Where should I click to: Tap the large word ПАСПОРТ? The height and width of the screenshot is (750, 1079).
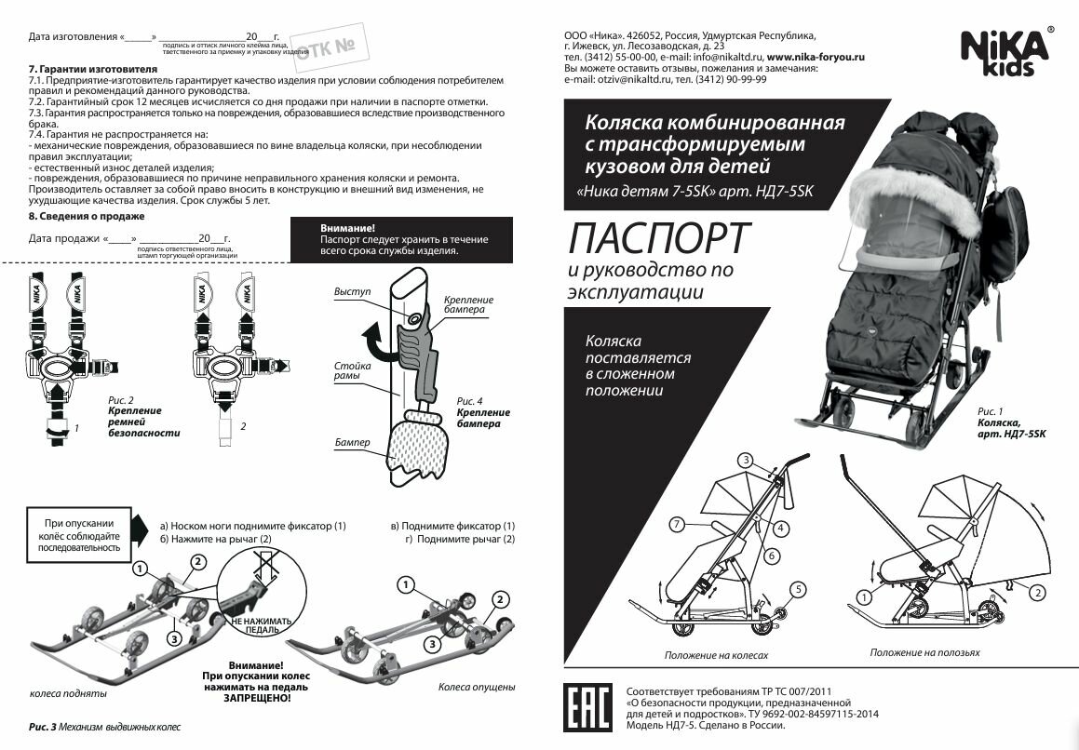point(655,238)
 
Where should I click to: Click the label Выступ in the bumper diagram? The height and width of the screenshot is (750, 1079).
point(352,292)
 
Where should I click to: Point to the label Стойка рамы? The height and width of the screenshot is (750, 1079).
point(352,372)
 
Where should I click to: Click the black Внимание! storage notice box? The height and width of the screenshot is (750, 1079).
point(403,239)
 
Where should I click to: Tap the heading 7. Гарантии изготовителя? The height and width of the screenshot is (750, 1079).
point(93,70)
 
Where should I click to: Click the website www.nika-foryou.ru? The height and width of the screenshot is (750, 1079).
point(816,57)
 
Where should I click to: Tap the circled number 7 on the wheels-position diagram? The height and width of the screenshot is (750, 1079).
point(679,525)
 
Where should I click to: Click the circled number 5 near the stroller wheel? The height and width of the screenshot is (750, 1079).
point(797,588)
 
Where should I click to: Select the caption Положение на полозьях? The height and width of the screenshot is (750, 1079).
point(924,652)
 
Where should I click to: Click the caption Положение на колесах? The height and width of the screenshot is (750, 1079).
point(716,655)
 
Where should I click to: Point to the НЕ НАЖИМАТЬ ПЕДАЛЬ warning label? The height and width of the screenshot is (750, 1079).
point(261,622)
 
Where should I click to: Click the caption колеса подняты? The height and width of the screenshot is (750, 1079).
point(68,693)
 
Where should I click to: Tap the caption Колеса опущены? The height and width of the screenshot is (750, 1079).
point(477,687)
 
